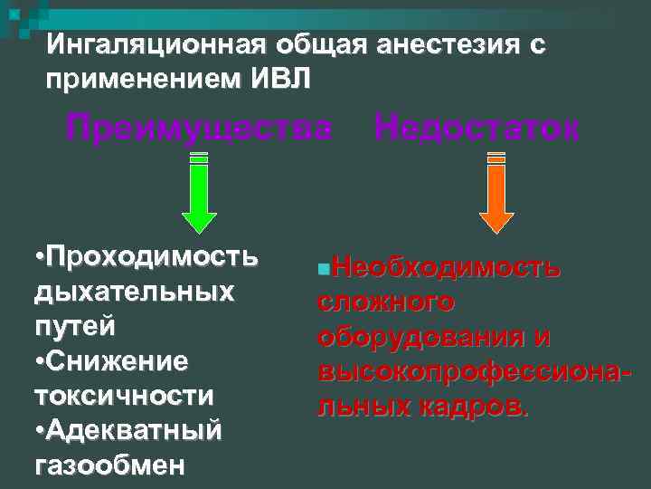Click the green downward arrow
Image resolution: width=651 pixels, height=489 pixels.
199,195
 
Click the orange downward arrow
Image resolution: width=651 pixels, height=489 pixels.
495,195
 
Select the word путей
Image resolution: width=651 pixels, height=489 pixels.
74,326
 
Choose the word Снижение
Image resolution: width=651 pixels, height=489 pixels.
118,361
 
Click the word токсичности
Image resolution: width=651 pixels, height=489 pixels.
124,396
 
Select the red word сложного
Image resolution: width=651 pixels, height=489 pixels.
385,302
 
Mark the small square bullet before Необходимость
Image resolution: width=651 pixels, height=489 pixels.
324,270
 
